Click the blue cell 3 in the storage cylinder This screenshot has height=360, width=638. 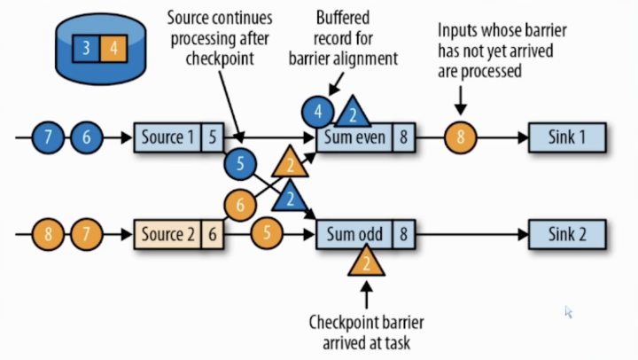coord(86,48)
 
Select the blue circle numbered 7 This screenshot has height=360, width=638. coord(48,138)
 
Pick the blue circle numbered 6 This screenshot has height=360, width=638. coord(86,138)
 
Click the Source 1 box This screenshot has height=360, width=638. coord(168,138)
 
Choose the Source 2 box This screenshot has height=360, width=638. coord(168,236)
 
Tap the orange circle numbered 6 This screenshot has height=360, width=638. coord(237,206)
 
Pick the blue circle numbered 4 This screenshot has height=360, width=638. coord(317,112)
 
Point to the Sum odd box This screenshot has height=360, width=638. coord(354,236)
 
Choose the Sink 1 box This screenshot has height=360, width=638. coord(567,138)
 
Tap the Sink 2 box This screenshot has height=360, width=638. coord(567,236)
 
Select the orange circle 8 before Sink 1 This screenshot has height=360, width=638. coord(460,138)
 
